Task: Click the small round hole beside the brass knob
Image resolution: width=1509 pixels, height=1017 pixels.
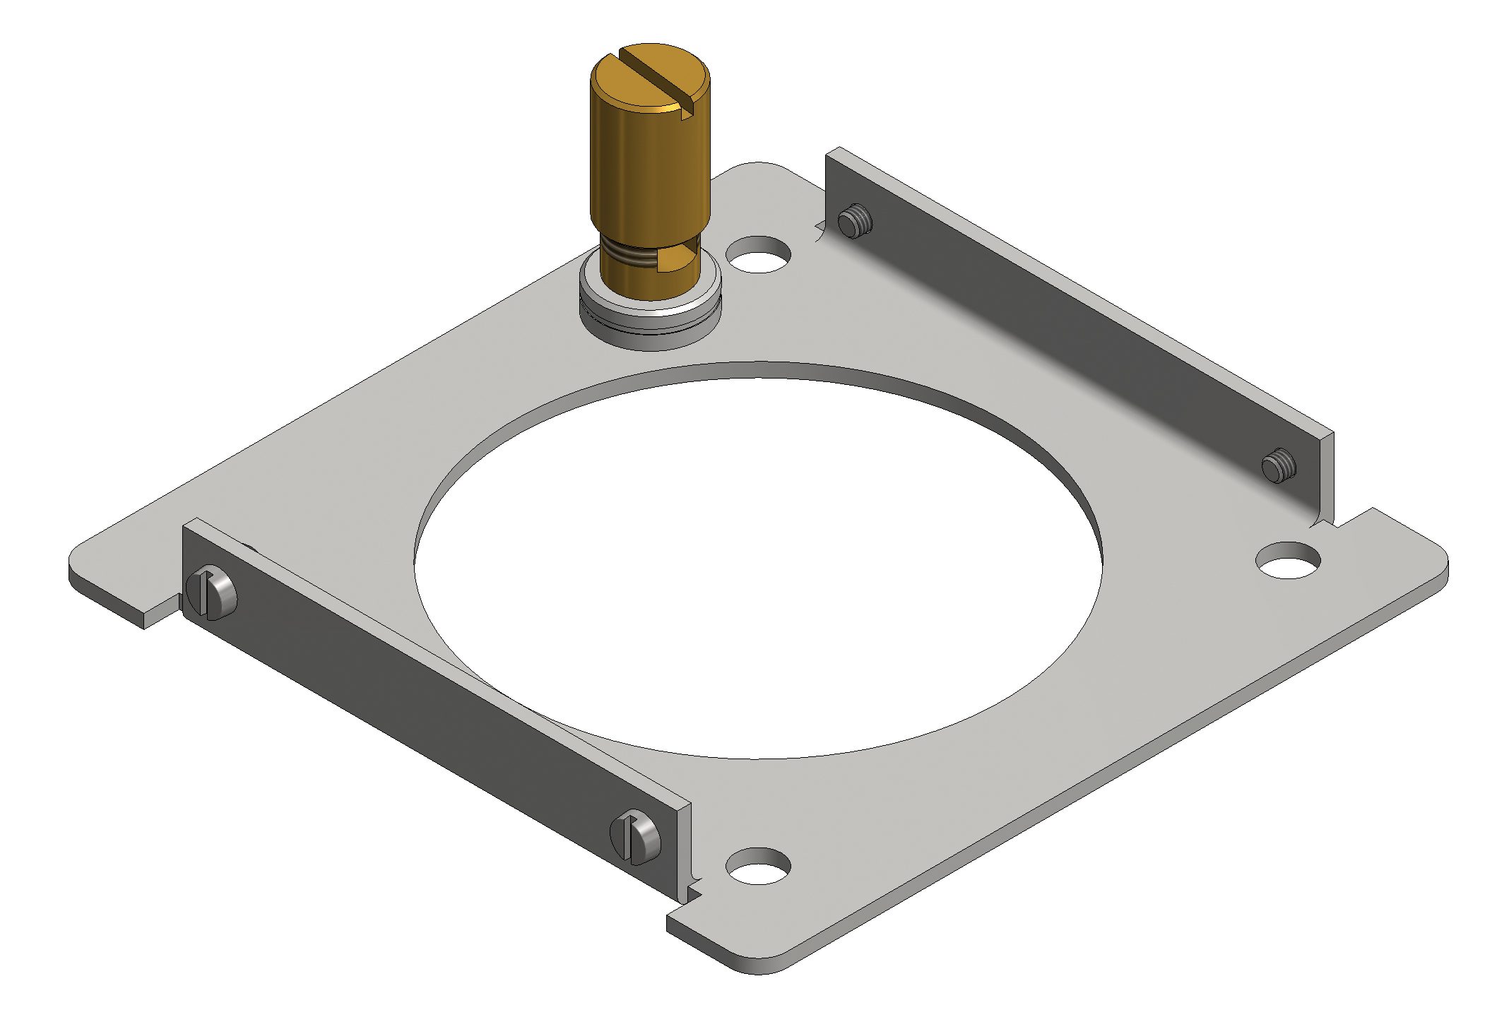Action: [x=758, y=255]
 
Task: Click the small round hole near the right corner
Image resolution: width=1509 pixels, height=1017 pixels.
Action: [x=1288, y=561]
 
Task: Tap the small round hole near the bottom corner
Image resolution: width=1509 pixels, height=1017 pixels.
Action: [x=758, y=867]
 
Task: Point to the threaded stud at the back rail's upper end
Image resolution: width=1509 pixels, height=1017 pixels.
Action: [x=854, y=221]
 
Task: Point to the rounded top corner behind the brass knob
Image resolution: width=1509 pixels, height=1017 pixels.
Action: [x=759, y=168]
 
